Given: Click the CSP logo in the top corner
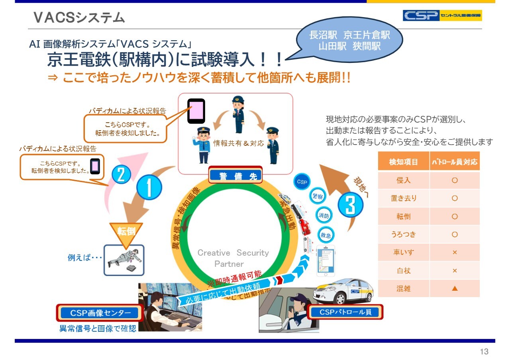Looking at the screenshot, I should pyautogui.click(x=442, y=16).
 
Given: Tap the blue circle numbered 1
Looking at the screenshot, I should pyautogui.click(x=149, y=188).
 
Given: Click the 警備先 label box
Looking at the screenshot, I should pyautogui.click(x=235, y=176).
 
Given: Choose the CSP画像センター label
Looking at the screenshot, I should pyautogui.click(x=99, y=313).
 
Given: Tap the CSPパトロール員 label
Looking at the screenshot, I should pyautogui.click(x=345, y=312).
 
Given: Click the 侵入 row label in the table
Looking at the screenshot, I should pyautogui.click(x=403, y=180).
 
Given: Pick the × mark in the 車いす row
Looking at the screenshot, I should pyautogui.click(x=455, y=252).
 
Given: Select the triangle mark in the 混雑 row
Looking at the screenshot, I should pyautogui.click(x=455, y=288).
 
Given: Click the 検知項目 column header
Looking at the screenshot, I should pyautogui.click(x=403, y=162).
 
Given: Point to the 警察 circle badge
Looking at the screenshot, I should pyautogui.click(x=317, y=197).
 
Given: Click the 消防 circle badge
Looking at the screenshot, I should pyautogui.click(x=324, y=216).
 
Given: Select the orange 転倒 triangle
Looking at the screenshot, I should pyautogui.click(x=126, y=232).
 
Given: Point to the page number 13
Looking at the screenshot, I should pyautogui.click(x=484, y=352).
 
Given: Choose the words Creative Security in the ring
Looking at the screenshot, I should pyautogui.click(x=233, y=253).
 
